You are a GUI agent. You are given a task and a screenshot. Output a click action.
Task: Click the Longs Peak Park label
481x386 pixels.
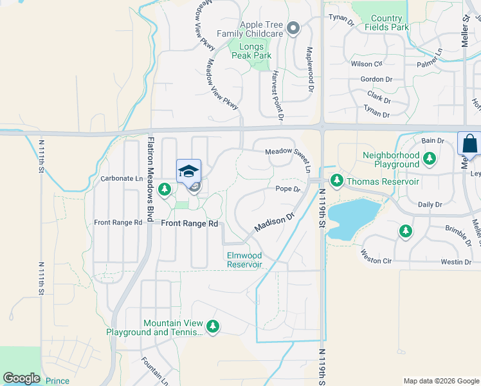coord(250,51)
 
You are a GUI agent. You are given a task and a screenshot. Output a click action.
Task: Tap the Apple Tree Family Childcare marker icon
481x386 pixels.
coord(294,28)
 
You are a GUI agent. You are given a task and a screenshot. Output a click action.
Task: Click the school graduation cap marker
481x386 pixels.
coord(188,172)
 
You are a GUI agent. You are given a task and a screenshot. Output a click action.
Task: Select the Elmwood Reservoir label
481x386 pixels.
coord(244,260)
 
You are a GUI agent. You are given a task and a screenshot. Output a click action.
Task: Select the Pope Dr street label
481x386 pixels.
coord(288,189)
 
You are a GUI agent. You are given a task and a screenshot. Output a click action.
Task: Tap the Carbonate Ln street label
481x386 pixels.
coord(121,178)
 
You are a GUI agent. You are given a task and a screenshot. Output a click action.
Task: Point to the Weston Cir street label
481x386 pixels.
coord(376,257)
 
